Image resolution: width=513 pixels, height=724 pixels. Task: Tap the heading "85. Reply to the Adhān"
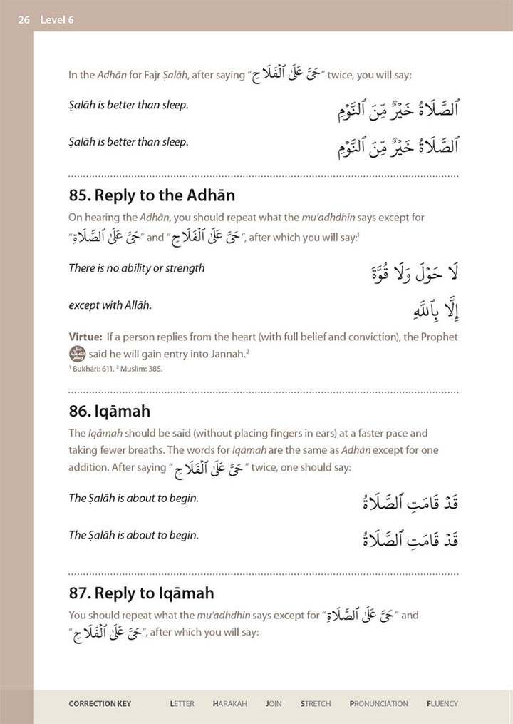[152, 195]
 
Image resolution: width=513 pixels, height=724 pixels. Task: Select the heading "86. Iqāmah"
[109, 411]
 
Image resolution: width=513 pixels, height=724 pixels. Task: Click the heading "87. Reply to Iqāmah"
[141, 593]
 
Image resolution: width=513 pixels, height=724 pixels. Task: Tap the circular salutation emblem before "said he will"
[76, 354]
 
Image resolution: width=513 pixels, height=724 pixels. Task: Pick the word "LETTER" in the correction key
[182, 704]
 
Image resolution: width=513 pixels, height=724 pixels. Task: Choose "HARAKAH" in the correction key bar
[229, 704]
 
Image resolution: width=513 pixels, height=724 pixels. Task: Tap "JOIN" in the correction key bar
[274, 704]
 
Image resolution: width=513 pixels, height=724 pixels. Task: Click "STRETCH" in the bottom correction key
[316, 704]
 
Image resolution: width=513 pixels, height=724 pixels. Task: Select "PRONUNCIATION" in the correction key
[378, 704]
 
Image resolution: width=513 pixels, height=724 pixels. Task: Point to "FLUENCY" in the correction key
[442, 704]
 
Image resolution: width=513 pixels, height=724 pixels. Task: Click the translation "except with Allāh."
[110, 305]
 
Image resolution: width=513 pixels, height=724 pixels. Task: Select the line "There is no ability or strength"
[136, 268]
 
